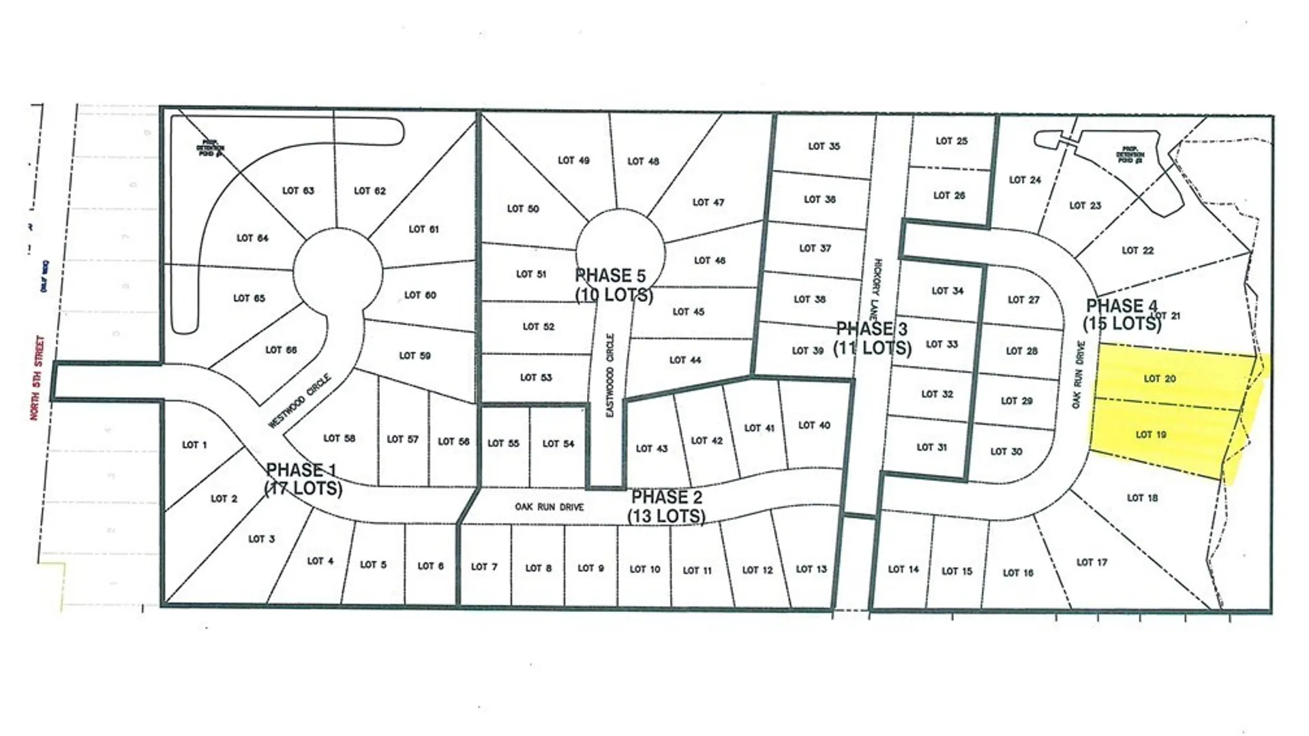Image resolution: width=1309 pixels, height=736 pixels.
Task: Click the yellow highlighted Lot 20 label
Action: [1160, 379]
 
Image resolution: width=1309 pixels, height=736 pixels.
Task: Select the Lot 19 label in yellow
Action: [1151, 435]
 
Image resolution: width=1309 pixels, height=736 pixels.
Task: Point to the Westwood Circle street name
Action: [299, 401]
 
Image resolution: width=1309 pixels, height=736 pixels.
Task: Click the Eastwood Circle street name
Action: [610, 375]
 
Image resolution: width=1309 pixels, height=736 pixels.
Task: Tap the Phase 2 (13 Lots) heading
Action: [666, 506]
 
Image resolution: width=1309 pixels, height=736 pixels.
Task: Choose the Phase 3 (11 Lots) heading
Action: [872, 339]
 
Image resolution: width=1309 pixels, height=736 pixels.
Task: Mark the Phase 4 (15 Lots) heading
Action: [1122, 315]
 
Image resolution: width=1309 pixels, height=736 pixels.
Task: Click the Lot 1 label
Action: [194, 445]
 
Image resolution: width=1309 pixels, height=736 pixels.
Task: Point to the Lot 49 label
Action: [573, 161]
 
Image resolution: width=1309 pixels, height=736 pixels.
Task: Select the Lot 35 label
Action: [824, 147]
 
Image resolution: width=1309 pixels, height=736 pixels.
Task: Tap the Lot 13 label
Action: [811, 569]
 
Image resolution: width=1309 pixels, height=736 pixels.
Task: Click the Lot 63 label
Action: [298, 191]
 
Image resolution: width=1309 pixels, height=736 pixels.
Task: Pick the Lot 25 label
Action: [951, 141]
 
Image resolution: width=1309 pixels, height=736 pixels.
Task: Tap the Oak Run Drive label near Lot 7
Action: [549, 507]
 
